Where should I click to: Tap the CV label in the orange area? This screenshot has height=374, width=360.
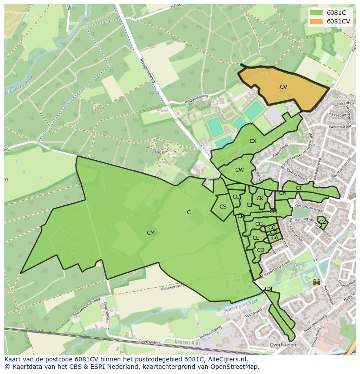pos(283,87)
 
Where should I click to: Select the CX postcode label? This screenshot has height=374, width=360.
pos(253,141)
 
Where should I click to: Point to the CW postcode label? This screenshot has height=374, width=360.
pos(240,170)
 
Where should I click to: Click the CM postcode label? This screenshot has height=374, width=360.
pos(151,233)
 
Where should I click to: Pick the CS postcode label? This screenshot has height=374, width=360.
pos(223,207)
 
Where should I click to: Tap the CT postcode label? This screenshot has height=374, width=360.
pos(299,188)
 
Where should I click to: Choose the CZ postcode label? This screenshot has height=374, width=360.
pos(322,222)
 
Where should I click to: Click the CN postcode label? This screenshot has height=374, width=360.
pos(268,289)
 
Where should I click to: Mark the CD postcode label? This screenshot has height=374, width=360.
pos(260,250)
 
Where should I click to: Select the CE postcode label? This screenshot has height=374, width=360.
pos(256,238)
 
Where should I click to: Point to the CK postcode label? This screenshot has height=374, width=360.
pos(260,199)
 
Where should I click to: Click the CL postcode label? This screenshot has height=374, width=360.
pos(236,197)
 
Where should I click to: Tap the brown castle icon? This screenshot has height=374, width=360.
pos(317,282)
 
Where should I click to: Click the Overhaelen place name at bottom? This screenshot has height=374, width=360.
pos(283,345)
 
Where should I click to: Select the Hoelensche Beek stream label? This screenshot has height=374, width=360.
pos(242,306)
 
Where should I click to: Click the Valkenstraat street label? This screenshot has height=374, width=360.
pos(340,127)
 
